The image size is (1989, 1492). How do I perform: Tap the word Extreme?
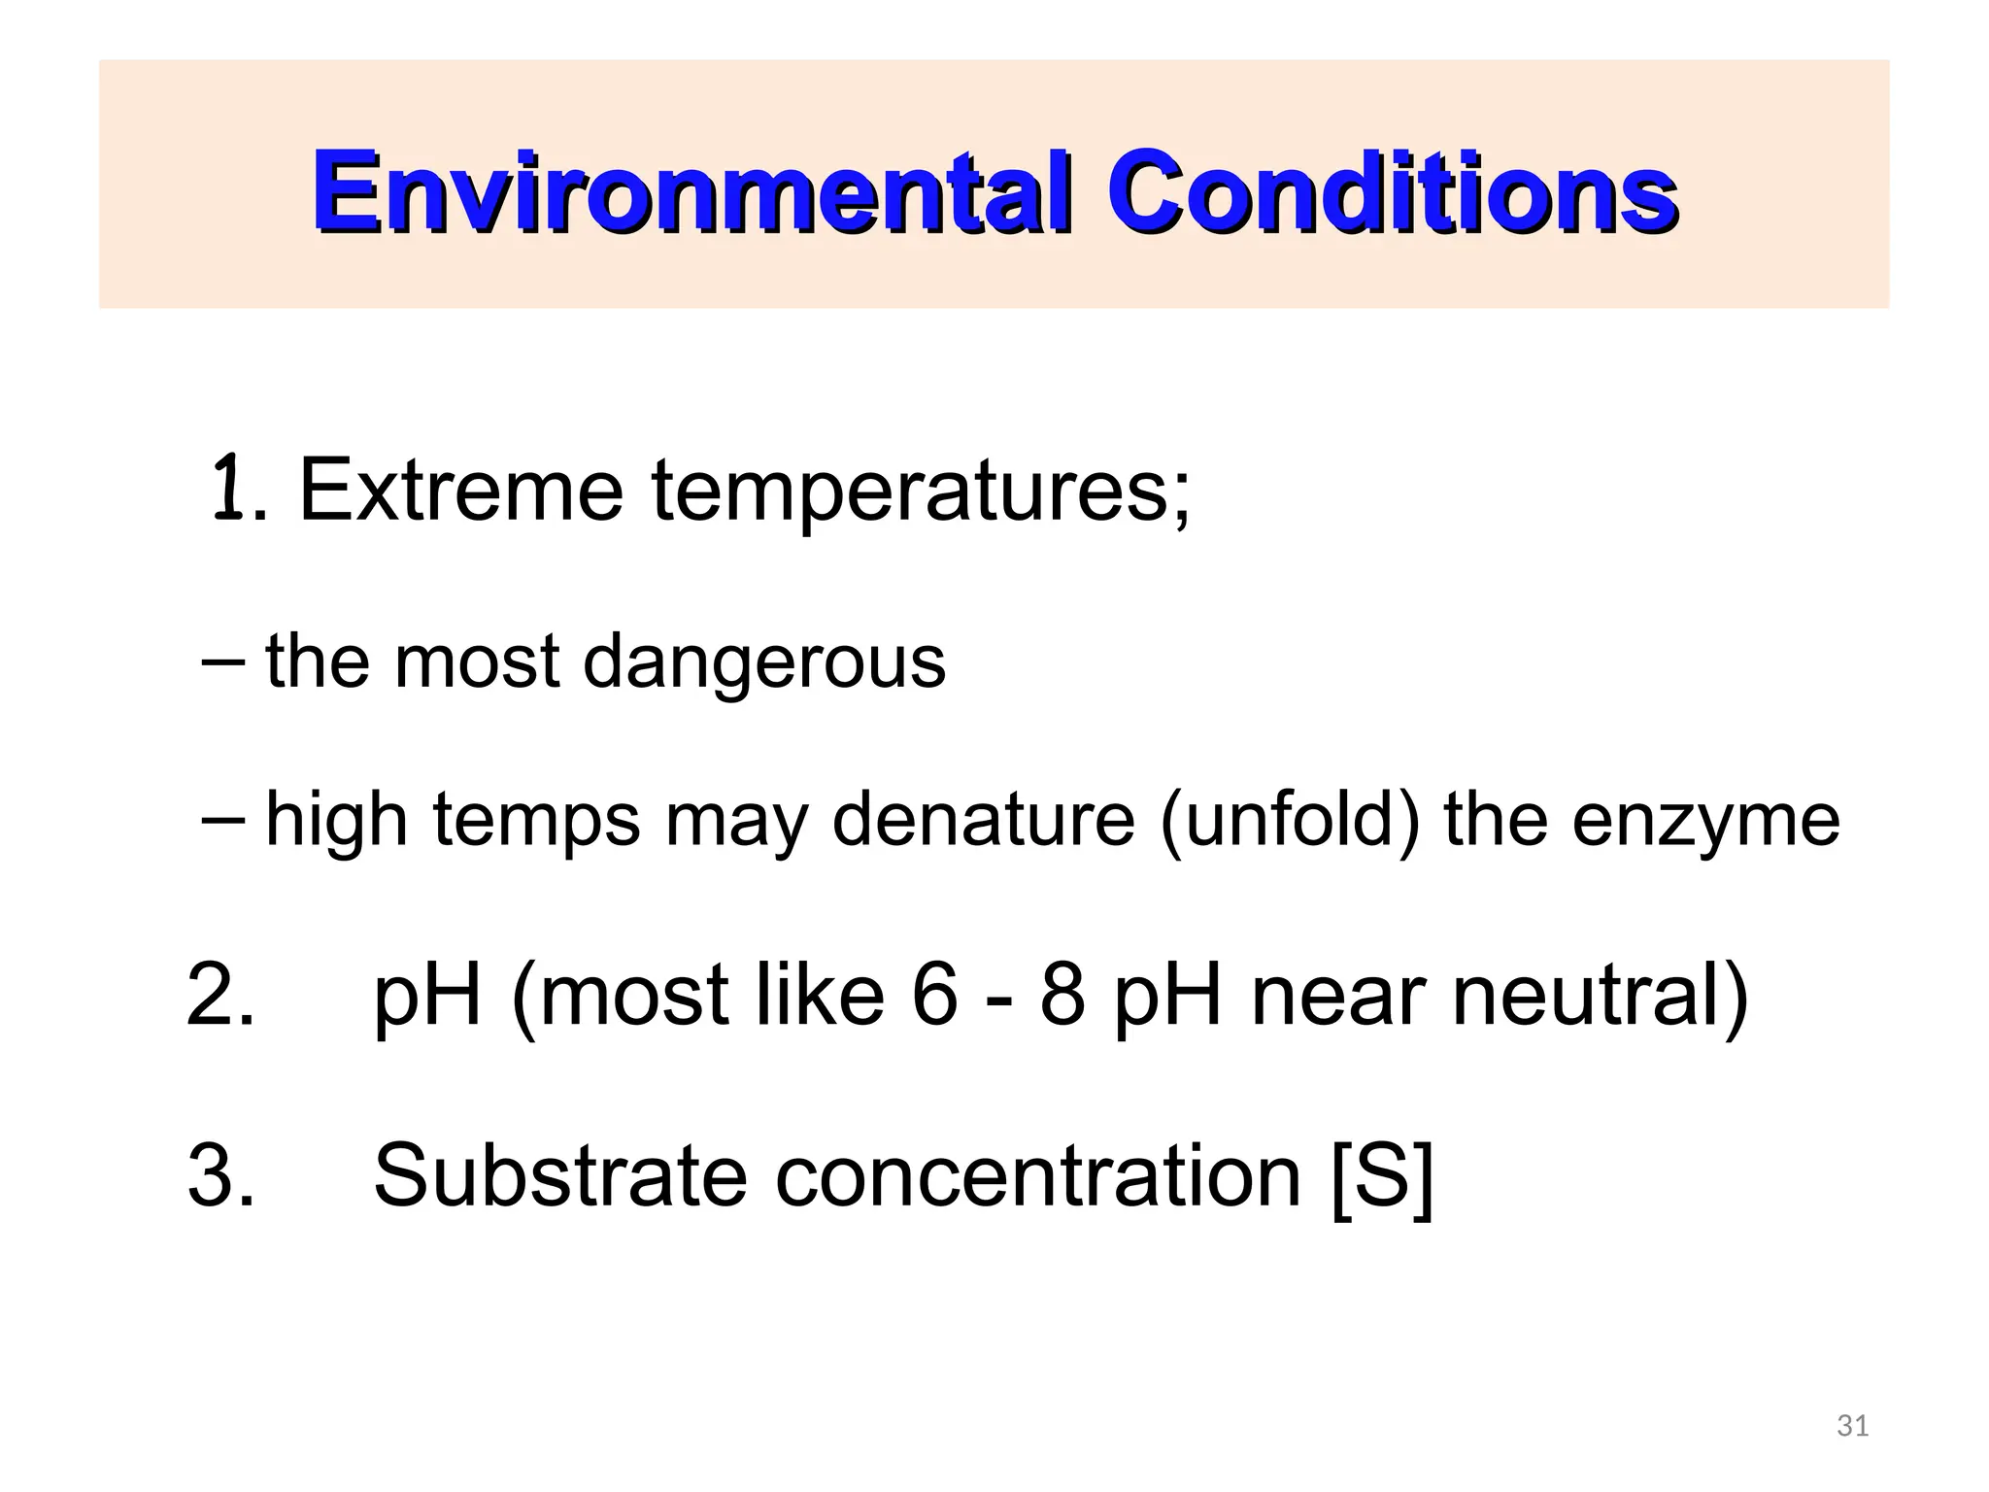coord(460,491)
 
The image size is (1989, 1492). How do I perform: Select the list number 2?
coord(219,995)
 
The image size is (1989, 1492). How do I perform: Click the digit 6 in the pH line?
coord(934,995)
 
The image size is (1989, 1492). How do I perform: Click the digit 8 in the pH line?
coord(1062,995)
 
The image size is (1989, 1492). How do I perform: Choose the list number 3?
coord(219,1176)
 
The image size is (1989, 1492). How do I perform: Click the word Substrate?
coord(559,1176)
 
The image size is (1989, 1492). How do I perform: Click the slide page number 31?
coord(1853,1426)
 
